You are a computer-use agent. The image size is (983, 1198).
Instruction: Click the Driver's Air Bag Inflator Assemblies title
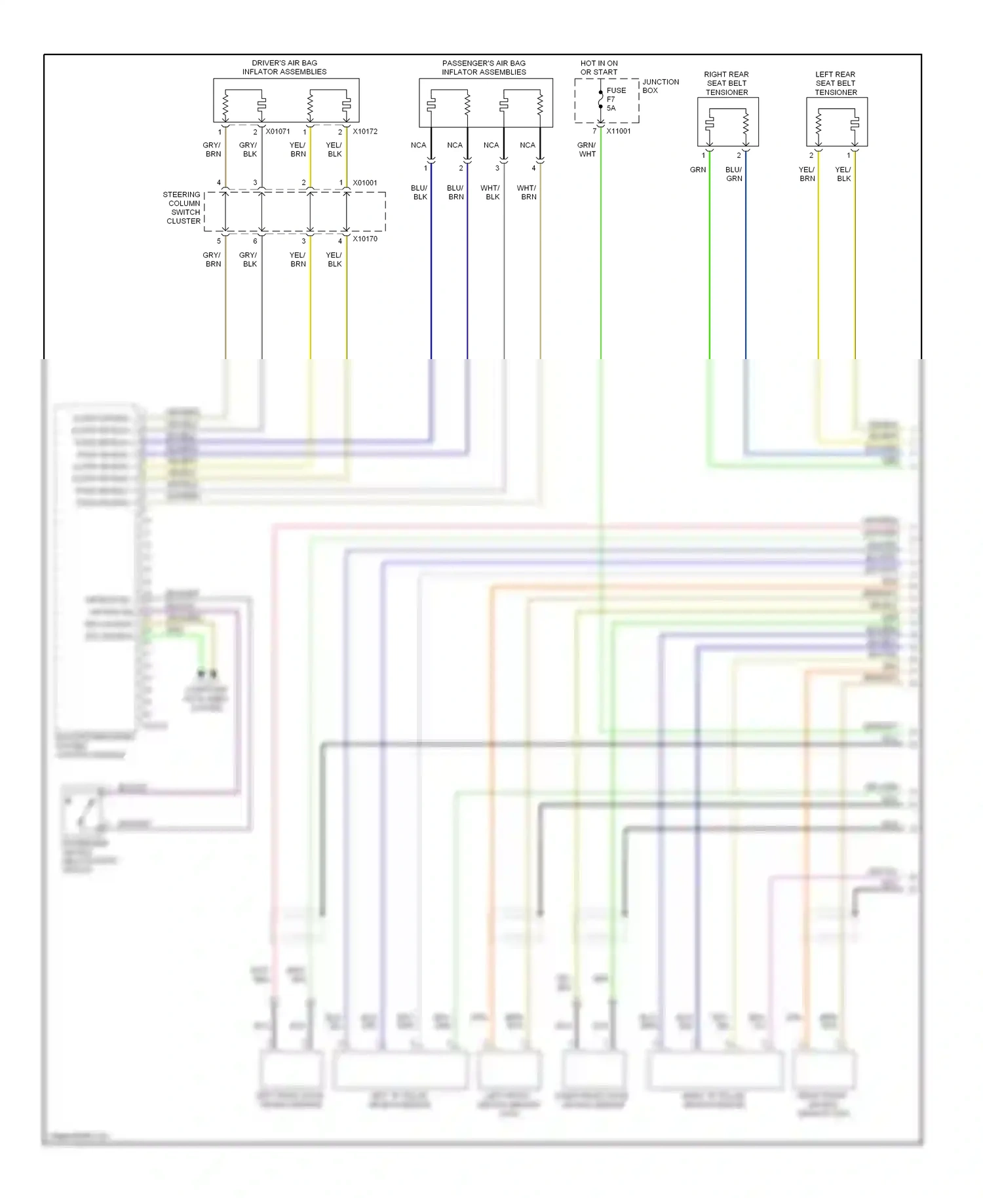[284, 68]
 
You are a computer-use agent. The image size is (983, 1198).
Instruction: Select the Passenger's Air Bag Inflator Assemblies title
[484, 68]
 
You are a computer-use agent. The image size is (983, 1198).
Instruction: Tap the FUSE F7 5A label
[616, 99]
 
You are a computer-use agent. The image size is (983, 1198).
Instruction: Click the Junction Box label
[660, 86]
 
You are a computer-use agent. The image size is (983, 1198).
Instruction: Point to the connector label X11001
[618, 131]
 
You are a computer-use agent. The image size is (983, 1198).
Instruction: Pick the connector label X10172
[365, 131]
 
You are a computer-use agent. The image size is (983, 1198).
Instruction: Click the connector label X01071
[277, 131]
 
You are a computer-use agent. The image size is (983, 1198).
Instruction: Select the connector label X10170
[365, 239]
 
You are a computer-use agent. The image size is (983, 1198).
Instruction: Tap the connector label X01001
[365, 183]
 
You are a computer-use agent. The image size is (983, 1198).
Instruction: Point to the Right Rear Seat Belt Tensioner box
[727, 122]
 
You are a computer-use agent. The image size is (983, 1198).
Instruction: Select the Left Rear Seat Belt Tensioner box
[836, 122]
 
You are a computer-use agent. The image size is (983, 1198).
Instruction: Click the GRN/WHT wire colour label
[587, 149]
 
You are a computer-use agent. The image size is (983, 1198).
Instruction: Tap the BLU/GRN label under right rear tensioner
[734, 174]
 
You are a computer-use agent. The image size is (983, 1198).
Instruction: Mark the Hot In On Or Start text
[598, 68]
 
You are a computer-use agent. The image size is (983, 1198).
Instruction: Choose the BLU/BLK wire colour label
[419, 192]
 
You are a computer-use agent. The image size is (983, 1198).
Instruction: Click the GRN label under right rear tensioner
[697, 170]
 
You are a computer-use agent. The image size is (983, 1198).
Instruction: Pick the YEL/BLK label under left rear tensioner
[843, 174]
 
